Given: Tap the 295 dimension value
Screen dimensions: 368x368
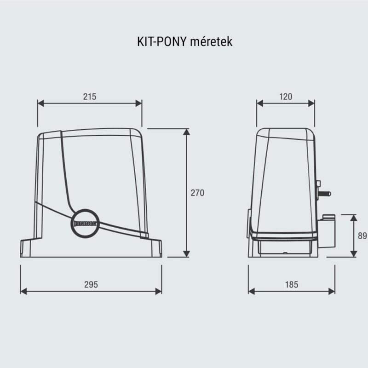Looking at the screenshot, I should click(91, 284).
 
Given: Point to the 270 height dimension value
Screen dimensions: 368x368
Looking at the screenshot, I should click(197, 193).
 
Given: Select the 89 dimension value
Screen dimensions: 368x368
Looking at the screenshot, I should click(362, 236).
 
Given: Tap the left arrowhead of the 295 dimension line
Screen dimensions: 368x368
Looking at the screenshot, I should click(24, 291).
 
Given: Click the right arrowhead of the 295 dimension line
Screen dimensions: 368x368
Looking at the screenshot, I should click(159, 291).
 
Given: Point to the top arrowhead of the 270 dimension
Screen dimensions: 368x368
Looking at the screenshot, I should click(186, 132).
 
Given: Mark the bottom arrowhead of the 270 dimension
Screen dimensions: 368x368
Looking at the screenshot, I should click(186, 254).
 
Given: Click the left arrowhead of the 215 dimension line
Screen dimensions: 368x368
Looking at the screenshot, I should click(40, 103).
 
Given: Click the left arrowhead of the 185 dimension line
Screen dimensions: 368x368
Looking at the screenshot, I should click(251, 291).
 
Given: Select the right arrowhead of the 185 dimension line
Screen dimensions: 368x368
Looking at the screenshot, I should click(333, 291).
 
